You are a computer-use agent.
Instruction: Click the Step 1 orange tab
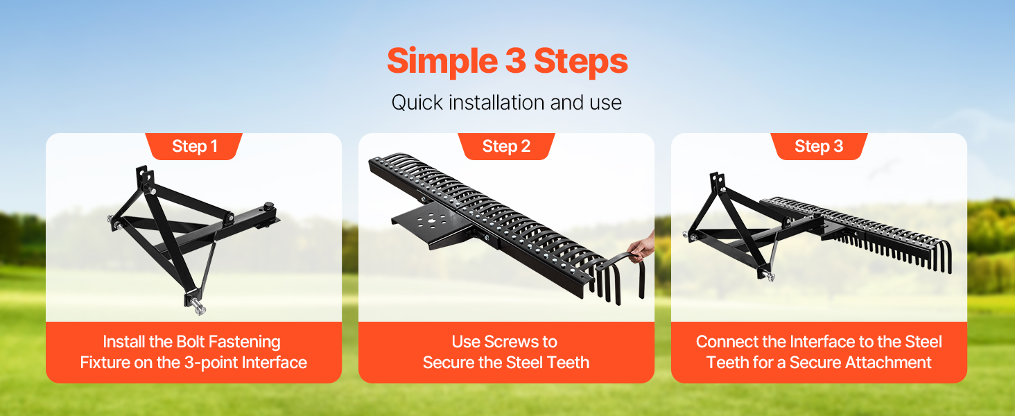tap(194, 146)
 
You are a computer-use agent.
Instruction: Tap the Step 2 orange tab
tap(506, 146)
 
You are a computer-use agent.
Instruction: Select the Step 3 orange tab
tap(819, 146)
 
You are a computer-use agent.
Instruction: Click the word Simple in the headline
tap(442, 62)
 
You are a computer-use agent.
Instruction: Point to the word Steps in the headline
tap(581, 62)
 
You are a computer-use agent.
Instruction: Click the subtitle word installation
tap(496, 103)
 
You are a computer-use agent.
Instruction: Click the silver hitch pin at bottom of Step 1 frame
tap(198, 306)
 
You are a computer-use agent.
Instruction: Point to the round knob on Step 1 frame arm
tap(269, 206)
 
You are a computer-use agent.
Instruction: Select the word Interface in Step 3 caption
tap(820, 342)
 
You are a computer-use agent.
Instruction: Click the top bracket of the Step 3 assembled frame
tap(717, 181)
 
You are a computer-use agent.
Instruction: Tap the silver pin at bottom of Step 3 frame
tap(768, 275)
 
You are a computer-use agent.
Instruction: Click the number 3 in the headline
tap(516, 61)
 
